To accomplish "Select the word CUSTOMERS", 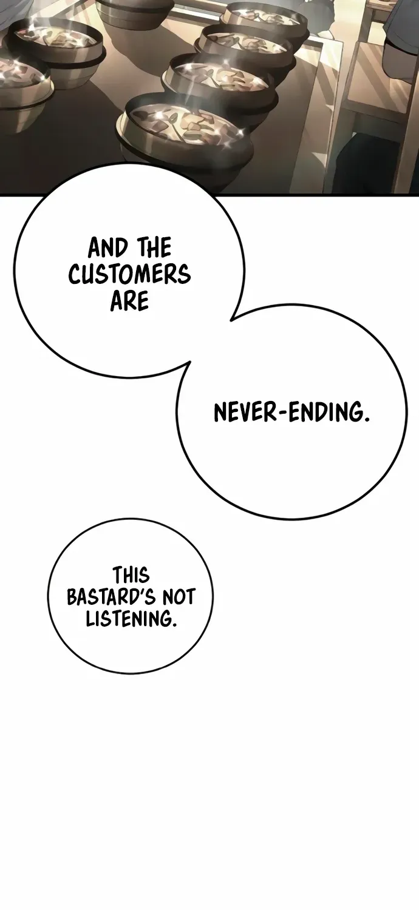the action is pos(129,274).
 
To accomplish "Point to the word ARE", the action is pos(129,301).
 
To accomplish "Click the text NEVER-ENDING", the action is pos(291,413).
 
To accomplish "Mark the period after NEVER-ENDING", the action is pos(367,419).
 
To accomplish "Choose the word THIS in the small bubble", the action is pos(131,576).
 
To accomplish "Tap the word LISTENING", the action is pos(129,619).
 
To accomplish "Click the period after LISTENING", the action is pos(174,625).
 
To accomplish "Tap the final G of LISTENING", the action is pos(166,619).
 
